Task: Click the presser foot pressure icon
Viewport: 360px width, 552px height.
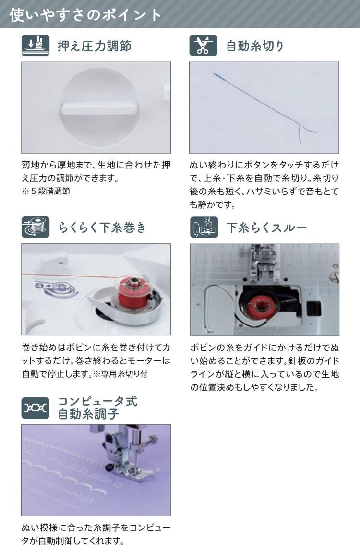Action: (x=36, y=46)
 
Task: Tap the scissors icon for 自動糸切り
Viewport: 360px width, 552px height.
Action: (x=204, y=46)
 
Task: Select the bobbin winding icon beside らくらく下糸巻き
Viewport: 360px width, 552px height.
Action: (x=36, y=227)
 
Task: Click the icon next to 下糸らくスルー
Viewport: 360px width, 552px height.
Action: (x=204, y=227)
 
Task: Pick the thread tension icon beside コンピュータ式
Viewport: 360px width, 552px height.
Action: (x=36, y=408)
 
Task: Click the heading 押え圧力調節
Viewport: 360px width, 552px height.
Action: (x=94, y=46)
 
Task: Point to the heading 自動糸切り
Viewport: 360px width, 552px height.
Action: (x=255, y=46)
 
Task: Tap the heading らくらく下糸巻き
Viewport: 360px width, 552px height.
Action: (x=102, y=228)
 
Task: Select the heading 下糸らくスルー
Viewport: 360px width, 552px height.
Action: (x=266, y=228)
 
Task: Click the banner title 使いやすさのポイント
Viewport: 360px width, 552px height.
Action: (x=85, y=14)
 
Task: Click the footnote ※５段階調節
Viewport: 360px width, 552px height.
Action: (x=46, y=191)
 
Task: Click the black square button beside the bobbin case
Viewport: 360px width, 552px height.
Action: (x=313, y=308)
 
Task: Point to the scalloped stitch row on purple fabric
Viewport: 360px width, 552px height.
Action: (x=66, y=475)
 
